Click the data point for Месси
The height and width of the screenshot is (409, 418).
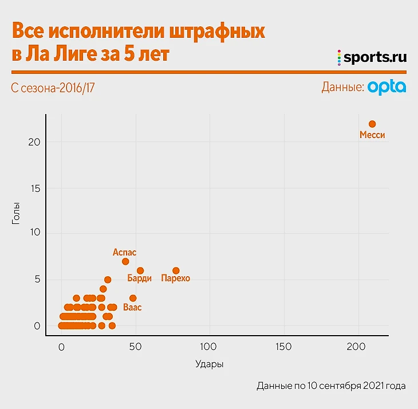pos(372,124)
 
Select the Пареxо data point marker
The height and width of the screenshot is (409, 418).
pos(176,270)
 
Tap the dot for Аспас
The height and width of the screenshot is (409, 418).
pos(125,261)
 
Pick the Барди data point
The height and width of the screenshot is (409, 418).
pos(140,270)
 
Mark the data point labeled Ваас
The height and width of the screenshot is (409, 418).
pos(133,298)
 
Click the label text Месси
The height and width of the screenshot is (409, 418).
pos(372,136)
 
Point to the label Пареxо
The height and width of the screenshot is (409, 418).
pos(175,279)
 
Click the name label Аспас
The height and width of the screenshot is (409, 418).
pos(125,252)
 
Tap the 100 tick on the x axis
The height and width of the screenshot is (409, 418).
pos(210,347)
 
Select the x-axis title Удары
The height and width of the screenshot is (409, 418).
pos(210,364)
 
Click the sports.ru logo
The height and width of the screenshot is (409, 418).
pos(372,57)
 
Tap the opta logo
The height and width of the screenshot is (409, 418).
pos(387,87)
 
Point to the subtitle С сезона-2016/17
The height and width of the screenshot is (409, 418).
pos(52,88)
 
